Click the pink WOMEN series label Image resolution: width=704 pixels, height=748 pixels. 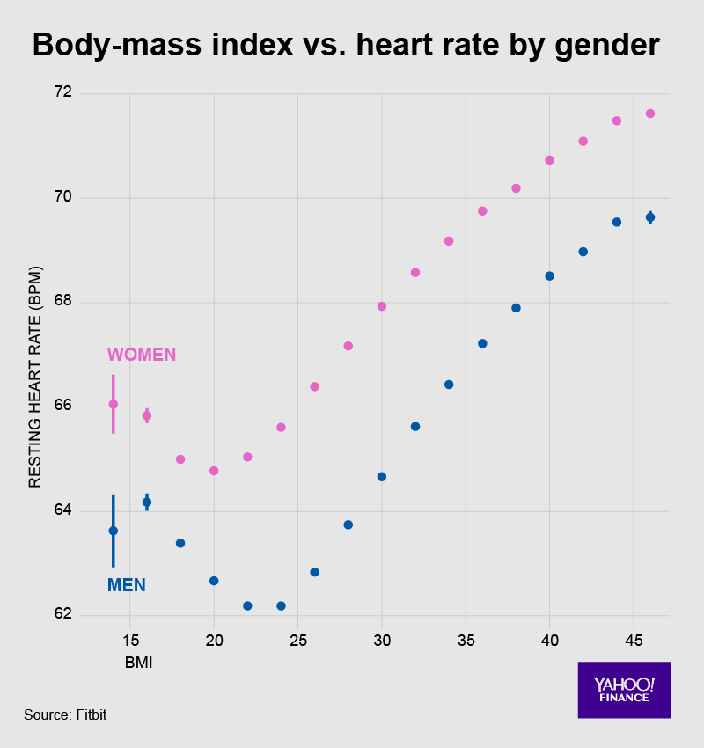[x=142, y=355]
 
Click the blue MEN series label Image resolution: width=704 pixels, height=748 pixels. [x=126, y=585]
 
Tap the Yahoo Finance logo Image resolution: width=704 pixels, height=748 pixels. [x=624, y=690]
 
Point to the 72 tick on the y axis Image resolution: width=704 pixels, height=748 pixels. [x=62, y=93]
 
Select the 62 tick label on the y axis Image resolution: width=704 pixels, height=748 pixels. [x=62, y=615]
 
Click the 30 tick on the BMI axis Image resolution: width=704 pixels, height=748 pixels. [x=381, y=640]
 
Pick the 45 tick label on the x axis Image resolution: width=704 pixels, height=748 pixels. [x=634, y=640]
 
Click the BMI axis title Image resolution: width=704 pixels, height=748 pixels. [x=139, y=664]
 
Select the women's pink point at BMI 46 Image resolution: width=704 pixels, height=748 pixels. [x=650, y=114]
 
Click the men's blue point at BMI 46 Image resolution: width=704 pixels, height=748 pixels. [x=650, y=217]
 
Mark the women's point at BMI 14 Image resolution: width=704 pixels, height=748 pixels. [x=114, y=404]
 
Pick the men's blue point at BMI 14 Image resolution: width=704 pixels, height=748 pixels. [x=114, y=531]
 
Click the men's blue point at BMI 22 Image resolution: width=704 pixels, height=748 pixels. [x=247, y=605]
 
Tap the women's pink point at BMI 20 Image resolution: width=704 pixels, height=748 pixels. [x=214, y=471]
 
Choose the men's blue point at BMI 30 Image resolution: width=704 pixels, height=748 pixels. [x=382, y=477]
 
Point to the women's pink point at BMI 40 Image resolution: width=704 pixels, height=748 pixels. [x=550, y=160]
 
